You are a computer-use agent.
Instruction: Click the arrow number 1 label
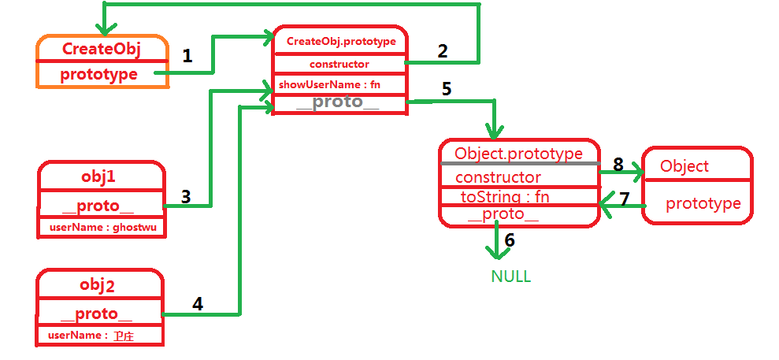coord(187,56)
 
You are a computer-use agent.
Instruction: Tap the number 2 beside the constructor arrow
coord(443,51)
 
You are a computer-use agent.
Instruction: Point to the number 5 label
coord(447,88)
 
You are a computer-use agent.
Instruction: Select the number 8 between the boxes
coord(618,165)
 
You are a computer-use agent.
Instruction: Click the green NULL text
coord(511,276)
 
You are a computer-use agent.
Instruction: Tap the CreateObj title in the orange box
coord(101,50)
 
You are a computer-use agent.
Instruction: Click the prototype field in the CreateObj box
coord(98,75)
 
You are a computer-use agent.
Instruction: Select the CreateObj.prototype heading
coord(340,41)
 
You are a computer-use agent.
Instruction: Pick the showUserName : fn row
coord(329,84)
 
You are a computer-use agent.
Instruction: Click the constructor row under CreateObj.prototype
coord(339,64)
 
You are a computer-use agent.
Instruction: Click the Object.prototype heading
coord(518,154)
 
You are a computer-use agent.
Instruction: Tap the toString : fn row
coord(504,197)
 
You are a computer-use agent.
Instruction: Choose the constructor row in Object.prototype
coord(498,177)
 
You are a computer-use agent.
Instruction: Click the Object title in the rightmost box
coord(684,166)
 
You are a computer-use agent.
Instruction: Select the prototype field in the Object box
coord(703,204)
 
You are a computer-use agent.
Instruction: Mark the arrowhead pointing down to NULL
coord(496,252)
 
